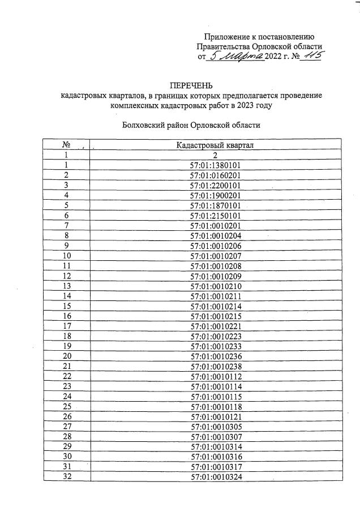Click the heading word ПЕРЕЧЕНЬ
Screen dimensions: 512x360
pyautogui.click(x=191, y=86)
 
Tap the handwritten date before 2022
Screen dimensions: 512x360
pyautogui.click(x=237, y=56)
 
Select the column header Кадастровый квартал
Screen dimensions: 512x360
pyautogui.click(x=216, y=145)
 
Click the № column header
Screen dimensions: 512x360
pyautogui.click(x=66, y=145)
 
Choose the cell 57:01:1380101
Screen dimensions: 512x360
pyautogui.click(x=216, y=165)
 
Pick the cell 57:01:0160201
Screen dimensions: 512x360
pyautogui.click(x=216, y=175)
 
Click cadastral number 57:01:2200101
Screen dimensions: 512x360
pyautogui.click(x=216, y=185)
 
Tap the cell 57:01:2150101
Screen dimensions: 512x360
pyautogui.click(x=216, y=216)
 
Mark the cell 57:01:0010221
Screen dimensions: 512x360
pyautogui.click(x=216, y=326)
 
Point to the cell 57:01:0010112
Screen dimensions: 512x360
pyautogui.click(x=216, y=376)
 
